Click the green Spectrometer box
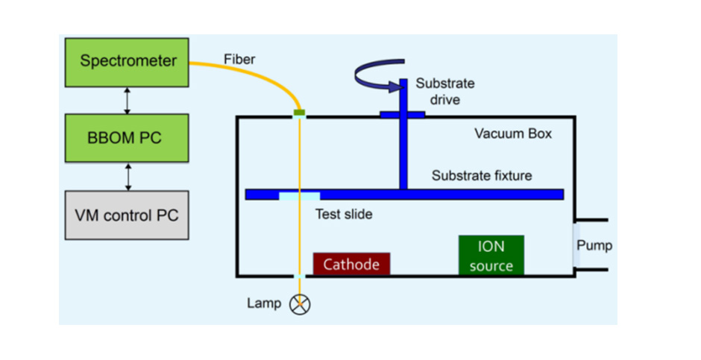(x=127, y=63)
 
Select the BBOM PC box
(x=127, y=138)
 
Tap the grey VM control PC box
(x=127, y=215)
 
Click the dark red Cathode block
(x=351, y=264)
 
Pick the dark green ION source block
(x=491, y=255)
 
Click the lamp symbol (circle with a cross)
(x=300, y=305)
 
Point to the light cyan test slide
(x=300, y=196)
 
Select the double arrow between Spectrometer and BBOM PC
(x=128, y=101)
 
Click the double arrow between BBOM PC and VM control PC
(x=128, y=177)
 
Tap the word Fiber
(x=239, y=59)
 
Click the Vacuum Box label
(x=513, y=133)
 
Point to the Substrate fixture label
(x=482, y=176)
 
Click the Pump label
(x=594, y=245)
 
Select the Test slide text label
(x=344, y=215)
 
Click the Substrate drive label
(x=445, y=91)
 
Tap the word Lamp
(x=264, y=303)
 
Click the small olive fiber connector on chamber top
(x=299, y=113)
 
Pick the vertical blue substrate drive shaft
(x=403, y=134)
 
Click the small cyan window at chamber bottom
(x=300, y=277)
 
